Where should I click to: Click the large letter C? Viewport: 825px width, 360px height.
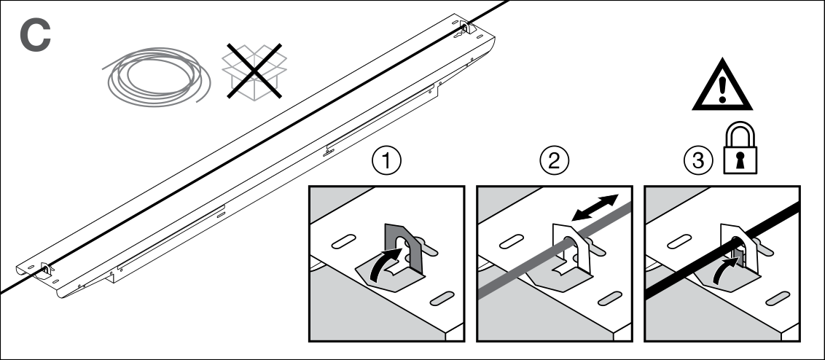pyautogui.click(x=34, y=36)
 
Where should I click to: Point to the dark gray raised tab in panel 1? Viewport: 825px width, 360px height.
pyautogui.click(x=396, y=240)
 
